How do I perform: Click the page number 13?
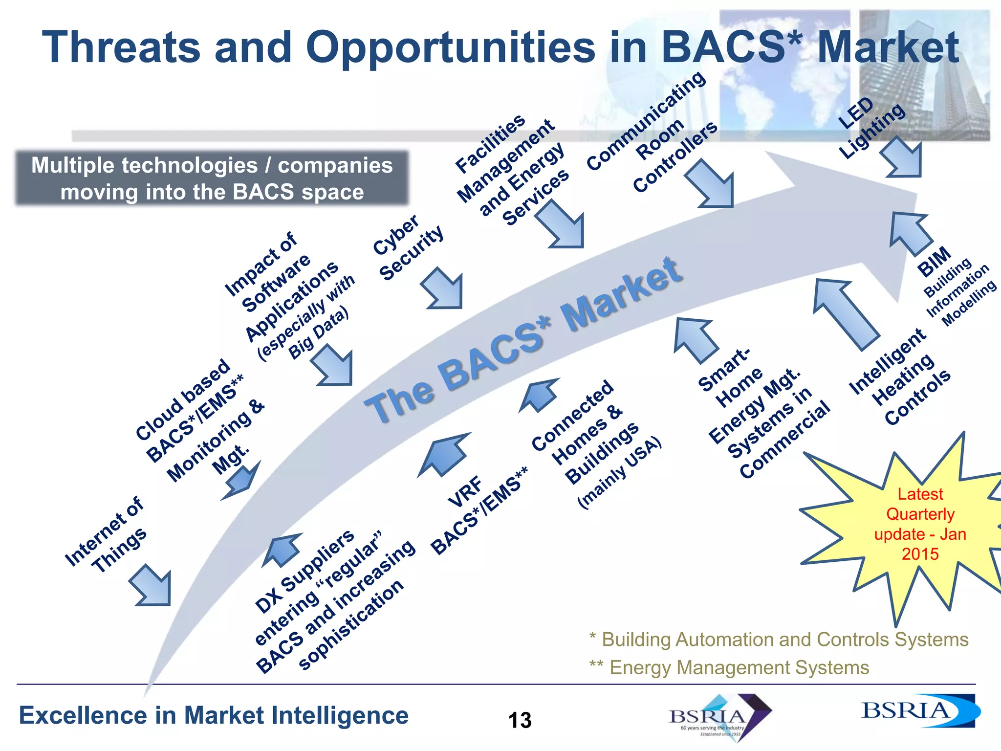tap(520, 720)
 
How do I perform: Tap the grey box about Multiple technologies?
tap(212, 178)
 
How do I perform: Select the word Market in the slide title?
tap(888, 47)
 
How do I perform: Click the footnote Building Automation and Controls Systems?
tap(779, 640)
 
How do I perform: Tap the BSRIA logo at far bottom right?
tap(919, 711)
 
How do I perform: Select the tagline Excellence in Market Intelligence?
tap(214, 716)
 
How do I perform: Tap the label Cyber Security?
tap(408, 248)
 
